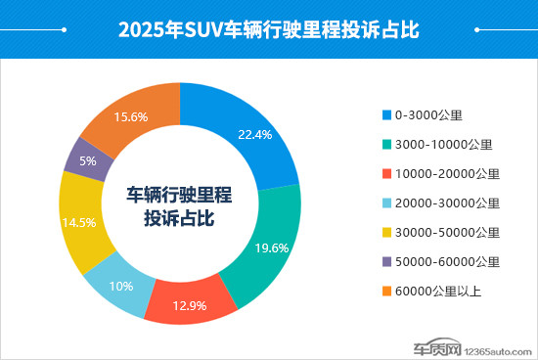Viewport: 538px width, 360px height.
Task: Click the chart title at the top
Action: (x=268, y=29)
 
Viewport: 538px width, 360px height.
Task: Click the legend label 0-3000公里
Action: (x=427, y=114)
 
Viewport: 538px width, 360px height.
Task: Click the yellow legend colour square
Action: (x=386, y=232)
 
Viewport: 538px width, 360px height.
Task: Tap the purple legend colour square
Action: (x=386, y=261)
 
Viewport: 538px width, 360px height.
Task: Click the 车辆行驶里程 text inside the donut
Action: (x=179, y=193)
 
